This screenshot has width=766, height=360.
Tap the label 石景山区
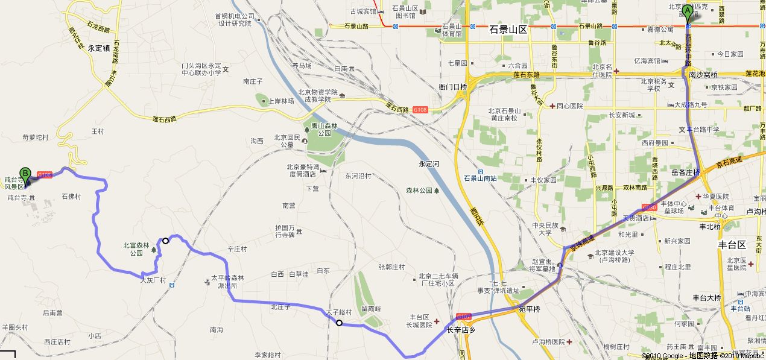[508, 30]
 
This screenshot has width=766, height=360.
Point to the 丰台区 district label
[732, 245]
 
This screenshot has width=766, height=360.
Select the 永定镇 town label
[98, 48]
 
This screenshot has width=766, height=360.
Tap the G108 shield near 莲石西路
[420, 110]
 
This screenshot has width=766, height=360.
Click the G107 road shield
[464, 317]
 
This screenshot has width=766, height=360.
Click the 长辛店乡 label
[461, 330]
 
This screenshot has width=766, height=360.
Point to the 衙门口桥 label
[453, 87]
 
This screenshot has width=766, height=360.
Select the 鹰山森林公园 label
[321, 130]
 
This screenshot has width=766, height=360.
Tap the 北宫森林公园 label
[133, 249]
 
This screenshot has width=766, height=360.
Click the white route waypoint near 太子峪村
[340, 323]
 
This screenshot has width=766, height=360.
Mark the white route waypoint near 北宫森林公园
[165, 240]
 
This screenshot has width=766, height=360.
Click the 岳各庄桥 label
[685, 172]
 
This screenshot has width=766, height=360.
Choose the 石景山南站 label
[480, 178]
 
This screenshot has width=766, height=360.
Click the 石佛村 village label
[71, 197]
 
